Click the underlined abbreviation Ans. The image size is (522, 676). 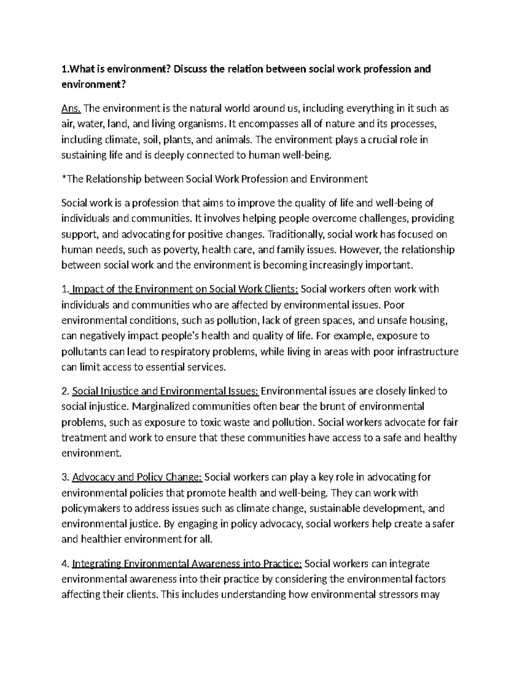coord(71,108)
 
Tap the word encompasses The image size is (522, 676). coord(264,124)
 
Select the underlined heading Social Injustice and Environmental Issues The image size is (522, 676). coord(165,391)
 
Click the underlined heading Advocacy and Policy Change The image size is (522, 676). coord(137,477)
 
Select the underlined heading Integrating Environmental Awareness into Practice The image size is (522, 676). coord(187,564)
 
